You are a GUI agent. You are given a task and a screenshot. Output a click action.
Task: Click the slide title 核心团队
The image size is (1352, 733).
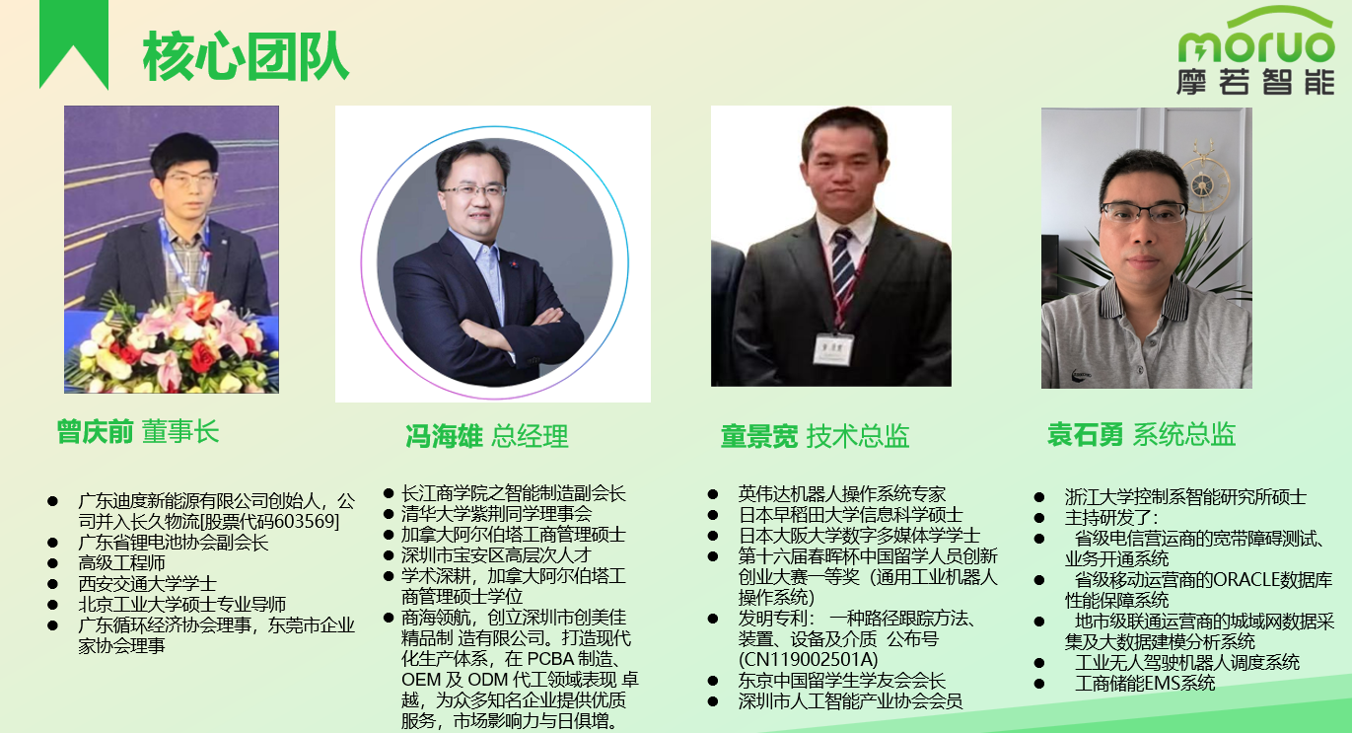(246, 55)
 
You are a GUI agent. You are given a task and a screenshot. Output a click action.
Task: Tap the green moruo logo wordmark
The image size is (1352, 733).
(1255, 44)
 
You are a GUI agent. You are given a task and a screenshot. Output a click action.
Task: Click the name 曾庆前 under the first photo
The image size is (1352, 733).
(95, 432)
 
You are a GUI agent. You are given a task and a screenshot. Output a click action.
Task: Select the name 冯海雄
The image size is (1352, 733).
(444, 436)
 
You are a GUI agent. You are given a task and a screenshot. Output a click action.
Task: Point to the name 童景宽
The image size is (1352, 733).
(758, 436)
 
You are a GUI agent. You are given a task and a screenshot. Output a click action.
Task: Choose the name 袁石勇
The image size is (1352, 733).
(1085, 434)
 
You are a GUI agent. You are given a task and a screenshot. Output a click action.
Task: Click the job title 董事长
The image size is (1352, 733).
(179, 432)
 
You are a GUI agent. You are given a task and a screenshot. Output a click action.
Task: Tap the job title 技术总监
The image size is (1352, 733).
(858, 436)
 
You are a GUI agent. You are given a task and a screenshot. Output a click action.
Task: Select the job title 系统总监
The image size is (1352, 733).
(1183, 434)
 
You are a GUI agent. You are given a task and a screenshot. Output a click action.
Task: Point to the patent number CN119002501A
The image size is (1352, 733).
(808, 659)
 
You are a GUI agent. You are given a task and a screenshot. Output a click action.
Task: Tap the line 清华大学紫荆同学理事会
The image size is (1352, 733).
(496, 513)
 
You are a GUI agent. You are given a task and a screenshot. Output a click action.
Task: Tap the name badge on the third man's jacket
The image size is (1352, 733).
(834, 346)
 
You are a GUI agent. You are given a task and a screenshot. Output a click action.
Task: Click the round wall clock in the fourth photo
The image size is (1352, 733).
(1204, 183)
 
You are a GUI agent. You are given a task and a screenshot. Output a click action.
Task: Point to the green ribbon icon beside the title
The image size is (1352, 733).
(74, 44)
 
